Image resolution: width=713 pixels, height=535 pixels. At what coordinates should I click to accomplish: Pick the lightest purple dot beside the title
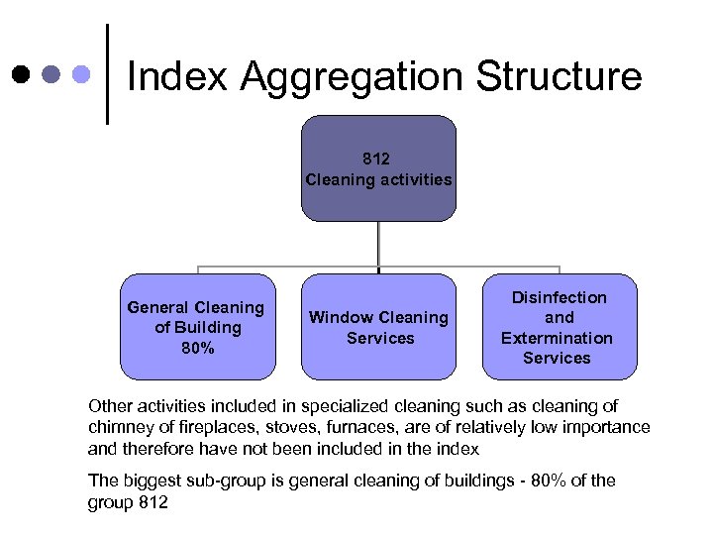pos(84,75)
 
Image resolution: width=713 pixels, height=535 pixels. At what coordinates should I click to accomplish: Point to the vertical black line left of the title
pos(107,75)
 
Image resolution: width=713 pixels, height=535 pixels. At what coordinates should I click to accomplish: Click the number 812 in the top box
pos(378,159)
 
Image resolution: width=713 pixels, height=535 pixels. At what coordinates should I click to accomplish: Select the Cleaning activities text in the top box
pos(378,179)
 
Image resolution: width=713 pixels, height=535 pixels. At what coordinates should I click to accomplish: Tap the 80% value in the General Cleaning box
pos(196,348)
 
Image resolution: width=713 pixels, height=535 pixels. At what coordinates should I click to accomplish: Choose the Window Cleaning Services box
pos(378,326)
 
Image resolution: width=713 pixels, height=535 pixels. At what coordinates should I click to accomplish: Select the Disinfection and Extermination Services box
pos(560,326)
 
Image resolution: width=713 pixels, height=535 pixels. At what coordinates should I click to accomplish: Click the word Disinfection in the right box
pos(560,297)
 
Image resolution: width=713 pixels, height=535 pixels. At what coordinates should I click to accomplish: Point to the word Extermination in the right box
pos(557,338)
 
